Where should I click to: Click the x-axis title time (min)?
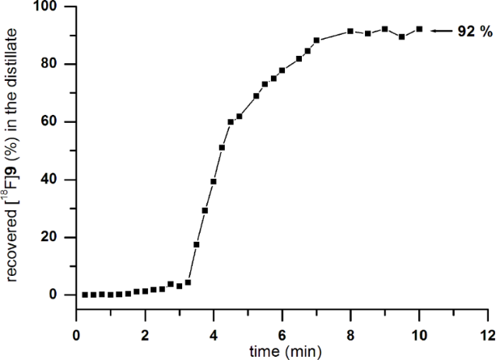281,352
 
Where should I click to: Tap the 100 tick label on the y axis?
42,6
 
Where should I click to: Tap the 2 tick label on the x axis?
145,334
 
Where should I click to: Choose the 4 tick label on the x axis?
214,334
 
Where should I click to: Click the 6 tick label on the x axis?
282,334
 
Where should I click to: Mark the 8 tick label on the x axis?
350,334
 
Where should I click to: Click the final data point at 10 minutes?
419,29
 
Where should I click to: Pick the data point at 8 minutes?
350,31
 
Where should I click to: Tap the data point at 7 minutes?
316,40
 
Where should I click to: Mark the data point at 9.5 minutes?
402,36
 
